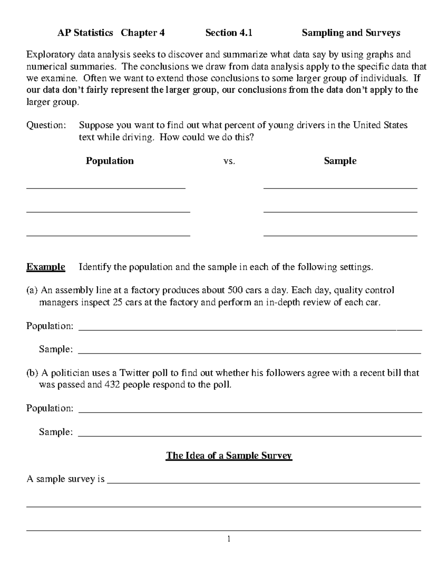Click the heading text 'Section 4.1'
click(228, 33)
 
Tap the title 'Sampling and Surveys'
click(351, 33)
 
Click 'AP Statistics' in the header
click(85, 33)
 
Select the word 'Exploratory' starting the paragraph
click(50, 55)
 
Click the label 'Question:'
click(46, 125)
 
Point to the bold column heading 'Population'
click(109, 161)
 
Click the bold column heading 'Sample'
click(340, 161)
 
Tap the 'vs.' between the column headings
click(229, 161)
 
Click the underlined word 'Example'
click(46, 267)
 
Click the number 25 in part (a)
click(117, 302)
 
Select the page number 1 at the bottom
click(229, 539)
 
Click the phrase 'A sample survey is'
click(65, 479)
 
